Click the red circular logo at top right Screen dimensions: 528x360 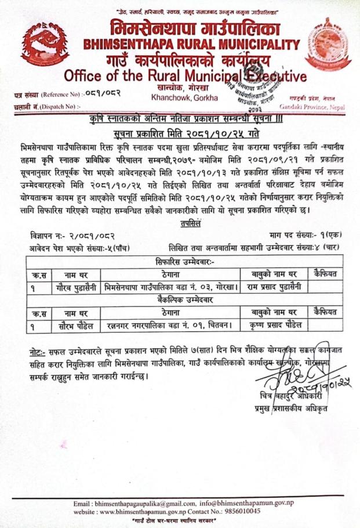point(328,44)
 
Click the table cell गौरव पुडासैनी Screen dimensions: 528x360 point(71,287)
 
